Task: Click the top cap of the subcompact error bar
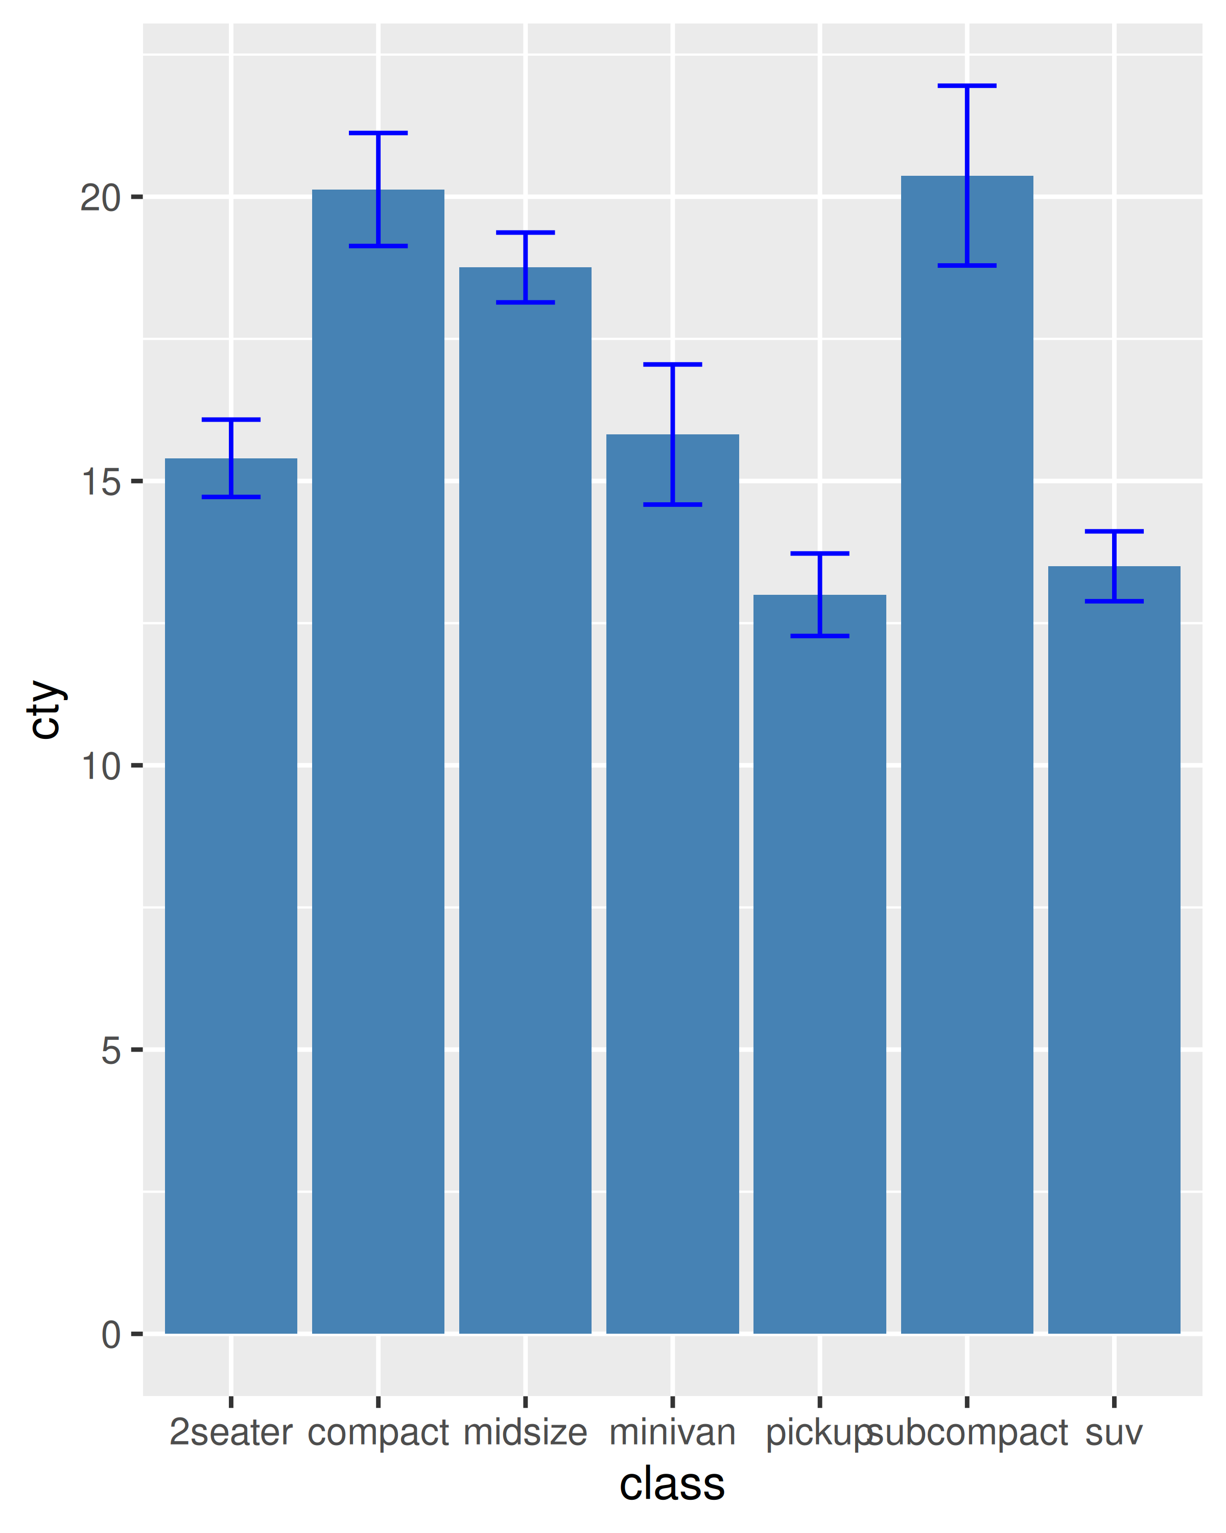(966, 86)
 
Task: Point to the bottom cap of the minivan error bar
(672, 505)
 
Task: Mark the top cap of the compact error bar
(378, 133)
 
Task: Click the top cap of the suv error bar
(1114, 531)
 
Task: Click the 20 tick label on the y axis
(100, 198)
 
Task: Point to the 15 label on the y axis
(100, 482)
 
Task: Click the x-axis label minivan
(672, 1432)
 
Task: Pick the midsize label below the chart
(525, 1432)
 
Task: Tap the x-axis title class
(672, 1484)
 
